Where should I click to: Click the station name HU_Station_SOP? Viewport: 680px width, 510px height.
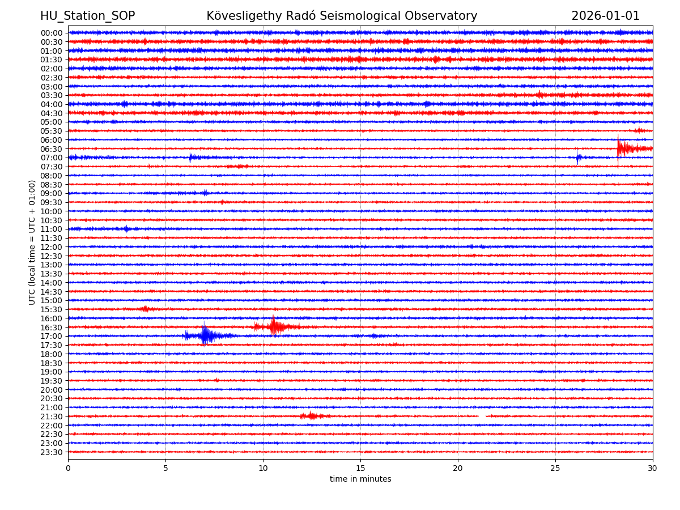tap(87, 16)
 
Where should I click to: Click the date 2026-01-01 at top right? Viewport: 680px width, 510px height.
tap(605, 16)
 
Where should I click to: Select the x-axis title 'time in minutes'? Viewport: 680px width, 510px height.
tap(360, 479)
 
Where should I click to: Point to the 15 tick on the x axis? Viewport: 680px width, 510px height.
tap(360, 468)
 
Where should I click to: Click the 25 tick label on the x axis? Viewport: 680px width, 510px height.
tap(555, 468)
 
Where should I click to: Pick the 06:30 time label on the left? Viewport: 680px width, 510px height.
tap(52, 149)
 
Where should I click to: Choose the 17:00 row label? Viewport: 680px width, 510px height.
tap(52, 336)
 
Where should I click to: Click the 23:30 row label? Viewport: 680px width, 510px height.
tap(52, 452)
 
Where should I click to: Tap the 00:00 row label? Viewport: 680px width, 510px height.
tap(52, 33)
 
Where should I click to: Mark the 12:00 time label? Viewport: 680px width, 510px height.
tap(52, 247)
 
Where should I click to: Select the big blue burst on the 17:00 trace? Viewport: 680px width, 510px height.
tap(205, 335)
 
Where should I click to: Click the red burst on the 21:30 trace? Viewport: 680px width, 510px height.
tap(311, 416)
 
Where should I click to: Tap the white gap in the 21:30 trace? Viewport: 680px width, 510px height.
tap(482, 416)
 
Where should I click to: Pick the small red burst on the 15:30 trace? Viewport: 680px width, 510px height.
tap(146, 309)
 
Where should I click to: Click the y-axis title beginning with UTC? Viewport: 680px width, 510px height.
tap(33, 243)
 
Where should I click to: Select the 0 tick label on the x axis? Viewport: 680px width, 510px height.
tap(68, 468)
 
